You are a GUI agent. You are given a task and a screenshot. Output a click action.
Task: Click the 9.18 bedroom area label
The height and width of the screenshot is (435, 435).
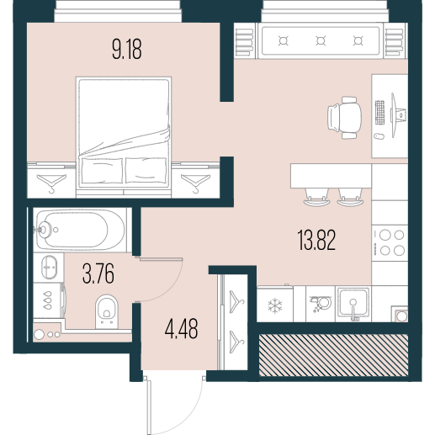point(127,49)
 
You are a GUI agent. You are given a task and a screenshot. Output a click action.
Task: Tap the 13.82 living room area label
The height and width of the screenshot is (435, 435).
point(316,240)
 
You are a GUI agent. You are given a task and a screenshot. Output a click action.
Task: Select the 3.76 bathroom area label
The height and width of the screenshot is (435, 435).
point(98,273)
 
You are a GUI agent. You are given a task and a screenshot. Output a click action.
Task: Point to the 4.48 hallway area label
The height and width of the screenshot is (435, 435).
point(182,328)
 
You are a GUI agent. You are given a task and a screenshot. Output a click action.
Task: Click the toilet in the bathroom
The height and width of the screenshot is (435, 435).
point(107,311)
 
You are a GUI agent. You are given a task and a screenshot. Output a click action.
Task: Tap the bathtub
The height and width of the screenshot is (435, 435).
point(80,231)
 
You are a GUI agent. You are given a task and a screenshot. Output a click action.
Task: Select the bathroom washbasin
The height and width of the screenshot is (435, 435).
point(49,267)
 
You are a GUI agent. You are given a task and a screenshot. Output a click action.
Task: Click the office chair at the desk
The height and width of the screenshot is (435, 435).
point(344,118)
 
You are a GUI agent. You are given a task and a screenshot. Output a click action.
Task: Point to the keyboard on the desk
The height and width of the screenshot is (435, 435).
point(379,113)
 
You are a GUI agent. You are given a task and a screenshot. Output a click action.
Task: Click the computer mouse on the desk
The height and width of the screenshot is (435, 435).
point(379,136)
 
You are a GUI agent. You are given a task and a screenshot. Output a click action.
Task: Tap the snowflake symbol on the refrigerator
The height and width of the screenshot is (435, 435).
point(275,305)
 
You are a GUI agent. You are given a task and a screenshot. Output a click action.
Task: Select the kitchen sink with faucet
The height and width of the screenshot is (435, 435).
point(353,304)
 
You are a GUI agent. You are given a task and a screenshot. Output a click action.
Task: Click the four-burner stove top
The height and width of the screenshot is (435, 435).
point(390,242)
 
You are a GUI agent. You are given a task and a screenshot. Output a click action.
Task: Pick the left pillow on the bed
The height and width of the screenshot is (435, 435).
point(102,171)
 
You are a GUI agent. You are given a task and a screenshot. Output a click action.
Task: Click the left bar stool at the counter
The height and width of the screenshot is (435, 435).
point(316,197)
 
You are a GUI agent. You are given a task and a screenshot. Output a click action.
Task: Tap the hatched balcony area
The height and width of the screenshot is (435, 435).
point(333,355)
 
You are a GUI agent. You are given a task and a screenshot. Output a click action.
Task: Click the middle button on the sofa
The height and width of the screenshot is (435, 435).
point(321,41)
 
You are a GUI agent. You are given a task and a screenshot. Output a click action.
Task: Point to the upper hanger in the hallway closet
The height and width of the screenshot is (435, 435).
point(236,301)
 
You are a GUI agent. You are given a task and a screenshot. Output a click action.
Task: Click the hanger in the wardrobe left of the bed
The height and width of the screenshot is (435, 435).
point(51,183)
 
